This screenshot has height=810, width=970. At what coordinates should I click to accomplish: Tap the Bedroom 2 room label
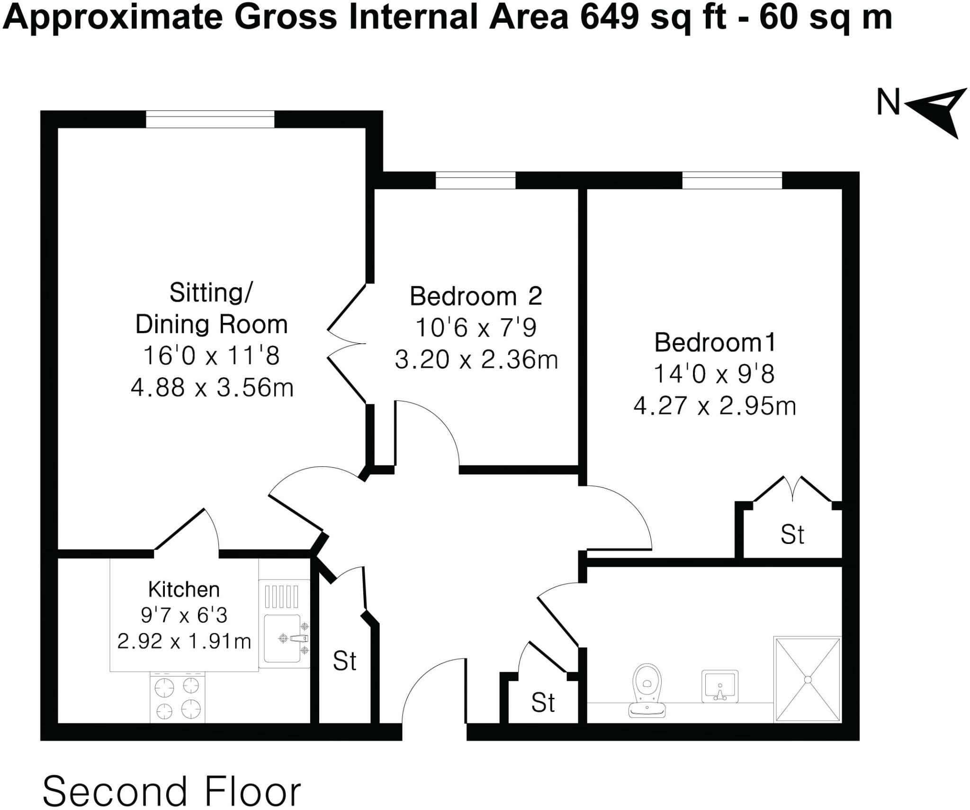click(x=476, y=296)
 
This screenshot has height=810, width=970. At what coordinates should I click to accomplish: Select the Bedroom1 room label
click(x=715, y=342)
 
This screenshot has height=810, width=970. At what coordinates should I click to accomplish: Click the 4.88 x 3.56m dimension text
click(x=212, y=388)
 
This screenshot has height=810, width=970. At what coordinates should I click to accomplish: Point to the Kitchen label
click(x=184, y=590)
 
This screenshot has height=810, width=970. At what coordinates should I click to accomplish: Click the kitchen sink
click(x=284, y=638)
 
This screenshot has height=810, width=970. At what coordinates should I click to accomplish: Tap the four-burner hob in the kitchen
click(x=178, y=698)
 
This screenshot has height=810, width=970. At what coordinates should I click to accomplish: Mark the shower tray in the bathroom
click(x=808, y=679)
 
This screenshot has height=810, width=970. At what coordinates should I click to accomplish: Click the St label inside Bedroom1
click(x=792, y=535)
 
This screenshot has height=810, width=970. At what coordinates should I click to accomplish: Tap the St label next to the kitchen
click(x=344, y=661)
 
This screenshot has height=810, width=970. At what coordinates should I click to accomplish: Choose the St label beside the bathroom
click(x=543, y=703)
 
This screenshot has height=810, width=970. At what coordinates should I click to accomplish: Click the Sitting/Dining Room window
click(x=210, y=119)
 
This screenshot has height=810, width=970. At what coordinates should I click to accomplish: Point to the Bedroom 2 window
click(x=475, y=180)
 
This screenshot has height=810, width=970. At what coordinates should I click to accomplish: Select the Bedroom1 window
click(x=732, y=180)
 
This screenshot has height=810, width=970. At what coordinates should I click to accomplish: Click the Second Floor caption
click(x=172, y=791)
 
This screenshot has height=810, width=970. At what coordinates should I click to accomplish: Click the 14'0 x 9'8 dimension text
click(x=714, y=374)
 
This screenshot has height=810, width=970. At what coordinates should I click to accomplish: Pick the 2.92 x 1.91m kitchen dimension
click(x=184, y=642)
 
